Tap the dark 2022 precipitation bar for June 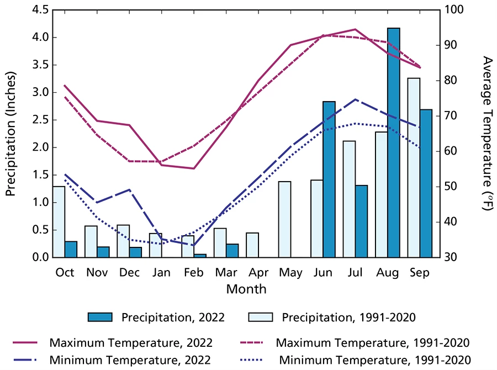click(329, 179)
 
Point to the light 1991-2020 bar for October click(59, 221)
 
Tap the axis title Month click(246, 289)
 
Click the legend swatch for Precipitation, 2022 click(100, 317)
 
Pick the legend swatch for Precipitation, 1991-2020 click(261, 317)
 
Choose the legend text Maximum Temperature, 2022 click(131, 342)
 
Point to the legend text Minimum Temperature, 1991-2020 click(375, 360)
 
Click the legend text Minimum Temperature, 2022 click(130, 360)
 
